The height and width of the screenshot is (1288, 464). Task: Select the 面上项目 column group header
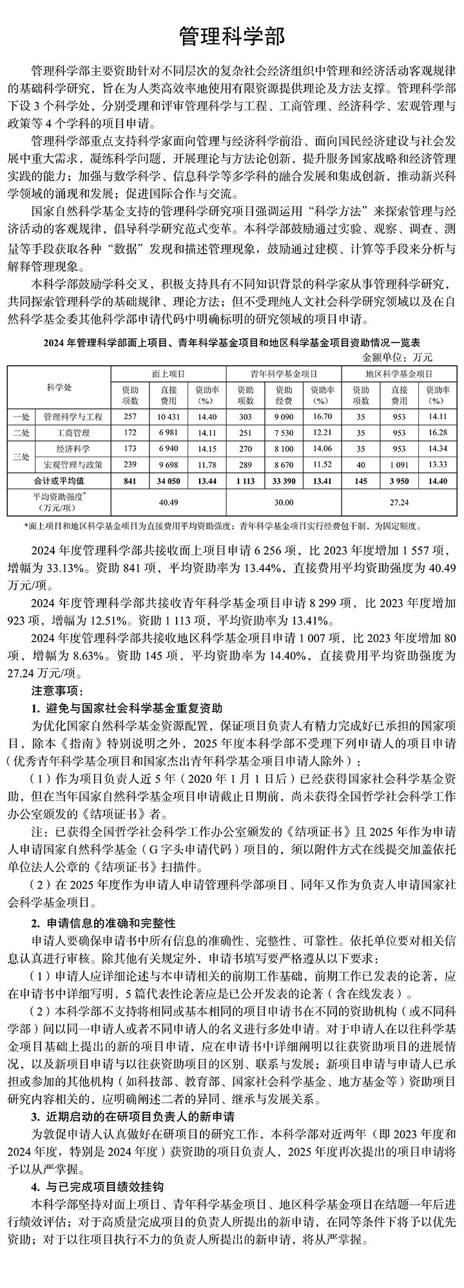pyautogui.click(x=168, y=374)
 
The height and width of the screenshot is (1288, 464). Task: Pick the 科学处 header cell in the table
pyautogui.click(x=59, y=386)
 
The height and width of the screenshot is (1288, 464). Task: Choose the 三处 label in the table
pyautogui.click(x=20, y=456)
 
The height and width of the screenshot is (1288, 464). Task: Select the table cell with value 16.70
pyautogui.click(x=322, y=417)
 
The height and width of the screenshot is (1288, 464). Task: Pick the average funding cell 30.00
pyautogui.click(x=284, y=500)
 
